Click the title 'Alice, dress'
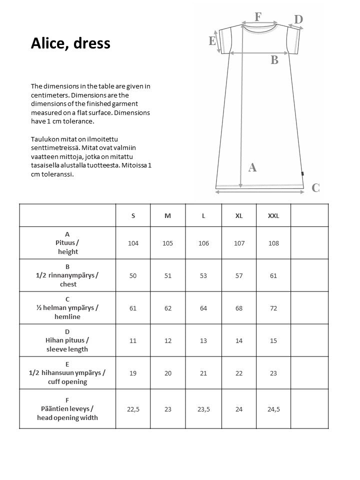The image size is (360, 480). (x=70, y=43)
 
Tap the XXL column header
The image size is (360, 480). (x=273, y=215)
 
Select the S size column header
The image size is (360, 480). (x=133, y=215)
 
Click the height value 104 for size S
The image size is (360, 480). (x=133, y=243)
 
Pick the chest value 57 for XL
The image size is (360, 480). (x=239, y=275)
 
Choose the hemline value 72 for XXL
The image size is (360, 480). (x=273, y=308)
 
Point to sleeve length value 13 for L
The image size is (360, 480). (x=203, y=340)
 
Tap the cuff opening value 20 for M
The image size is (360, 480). (x=168, y=373)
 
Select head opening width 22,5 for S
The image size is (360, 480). (x=133, y=409)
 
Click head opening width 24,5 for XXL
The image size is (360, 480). (x=273, y=409)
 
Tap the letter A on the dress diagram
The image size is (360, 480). (x=252, y=167)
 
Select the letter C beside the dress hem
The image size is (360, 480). (x=315, y=188)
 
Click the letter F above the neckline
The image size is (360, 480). (x=258, y=16)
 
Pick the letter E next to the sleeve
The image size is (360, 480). (x=212, y=41)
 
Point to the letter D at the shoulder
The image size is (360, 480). (x=298, y=19)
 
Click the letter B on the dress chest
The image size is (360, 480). (x=274, y=60)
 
